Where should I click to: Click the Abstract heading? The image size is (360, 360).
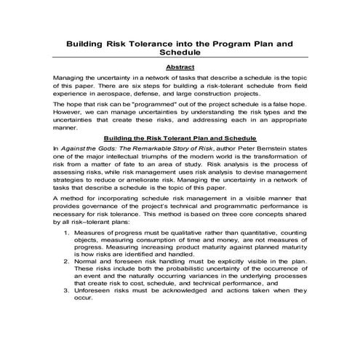(x=180, y=67)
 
